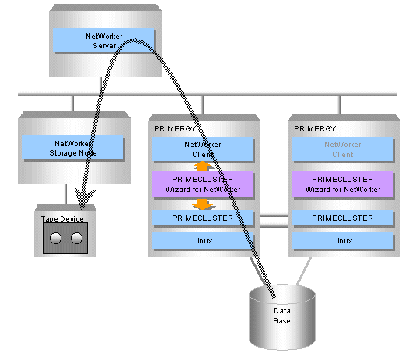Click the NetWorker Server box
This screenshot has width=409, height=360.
[103, 40]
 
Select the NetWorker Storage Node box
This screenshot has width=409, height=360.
[72, 148]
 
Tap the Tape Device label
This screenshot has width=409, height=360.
[62, 218]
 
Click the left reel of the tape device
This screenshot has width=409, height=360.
[55, 238]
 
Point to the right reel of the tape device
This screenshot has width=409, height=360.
[76, 238]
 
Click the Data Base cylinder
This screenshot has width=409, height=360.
[282, 317]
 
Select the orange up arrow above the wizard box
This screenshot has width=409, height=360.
[202, 166]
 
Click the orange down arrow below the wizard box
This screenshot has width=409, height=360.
[202, 204]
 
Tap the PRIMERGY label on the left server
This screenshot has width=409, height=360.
[175, 128]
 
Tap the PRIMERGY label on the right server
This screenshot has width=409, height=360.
[315, 128]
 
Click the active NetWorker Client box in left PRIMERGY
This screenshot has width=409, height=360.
[202, 149]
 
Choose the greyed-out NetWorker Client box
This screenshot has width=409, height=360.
[342, 149]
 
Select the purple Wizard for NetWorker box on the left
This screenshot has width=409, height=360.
[202, 184]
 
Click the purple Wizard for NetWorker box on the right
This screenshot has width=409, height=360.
[342, 184]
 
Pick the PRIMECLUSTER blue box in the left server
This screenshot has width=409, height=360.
[202, 218]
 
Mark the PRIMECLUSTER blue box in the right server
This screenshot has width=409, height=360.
[342, 218]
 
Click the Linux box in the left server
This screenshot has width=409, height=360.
[202, 240]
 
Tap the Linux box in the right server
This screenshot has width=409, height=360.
[342, 240]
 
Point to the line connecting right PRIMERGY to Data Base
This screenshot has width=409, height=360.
[304, 271]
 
